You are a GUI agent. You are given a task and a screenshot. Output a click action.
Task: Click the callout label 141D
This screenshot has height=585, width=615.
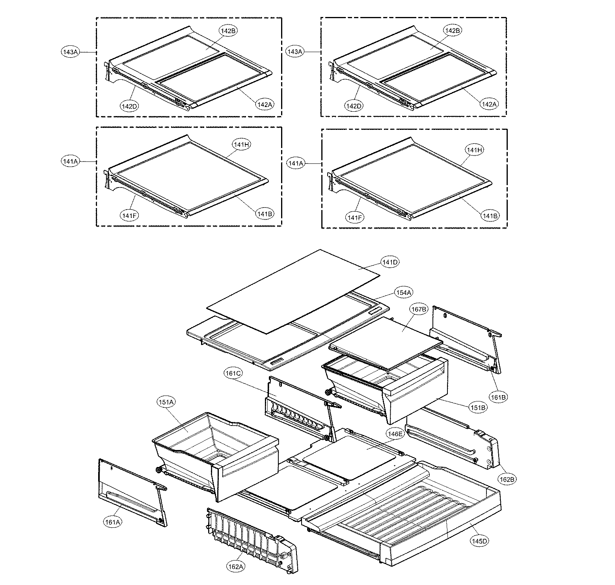coord(389,262)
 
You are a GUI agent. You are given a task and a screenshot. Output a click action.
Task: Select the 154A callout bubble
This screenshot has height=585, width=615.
coord(403,292)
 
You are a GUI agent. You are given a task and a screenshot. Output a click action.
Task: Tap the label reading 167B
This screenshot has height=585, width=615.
coord(418,310)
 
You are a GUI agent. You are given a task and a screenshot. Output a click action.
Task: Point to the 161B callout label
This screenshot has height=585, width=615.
coord(498,397)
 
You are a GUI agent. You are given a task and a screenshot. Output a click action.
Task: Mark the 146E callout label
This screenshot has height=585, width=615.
coord(395,433)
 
